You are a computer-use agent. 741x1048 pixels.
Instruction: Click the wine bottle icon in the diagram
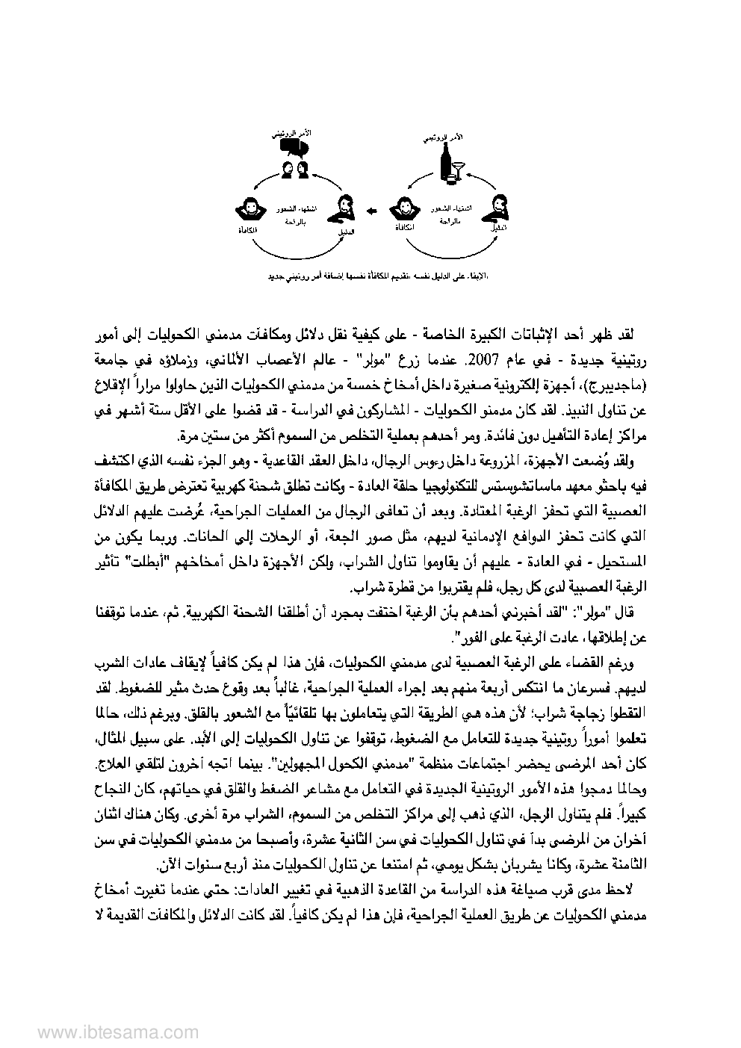pos(449,165)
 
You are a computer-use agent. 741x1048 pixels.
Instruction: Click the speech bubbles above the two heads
pos(294,148)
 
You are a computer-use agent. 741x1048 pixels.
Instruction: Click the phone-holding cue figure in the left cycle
pos(345,207)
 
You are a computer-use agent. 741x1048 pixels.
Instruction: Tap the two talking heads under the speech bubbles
pos(294,170)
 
